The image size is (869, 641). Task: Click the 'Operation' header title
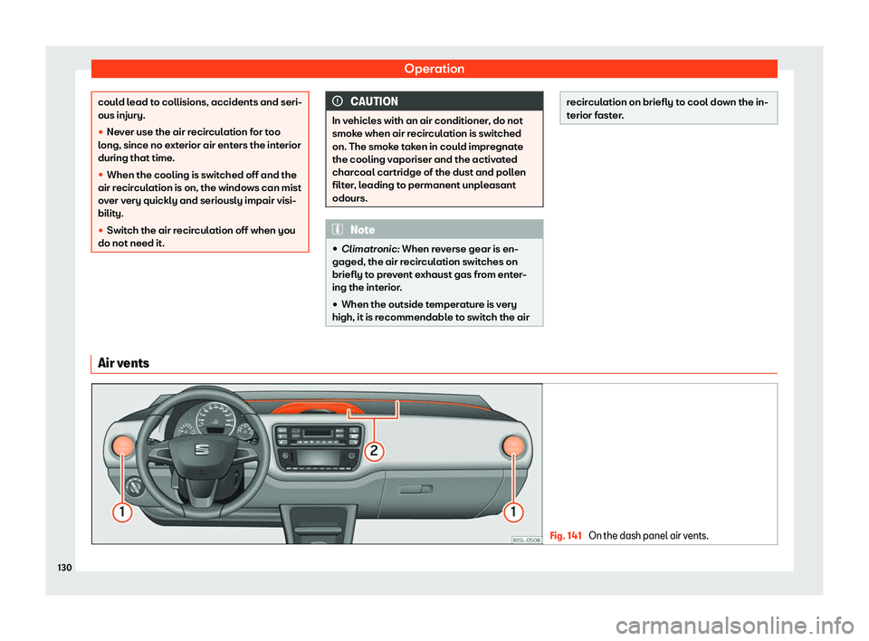(434, 69)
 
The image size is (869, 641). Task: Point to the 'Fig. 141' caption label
(565, 535)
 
